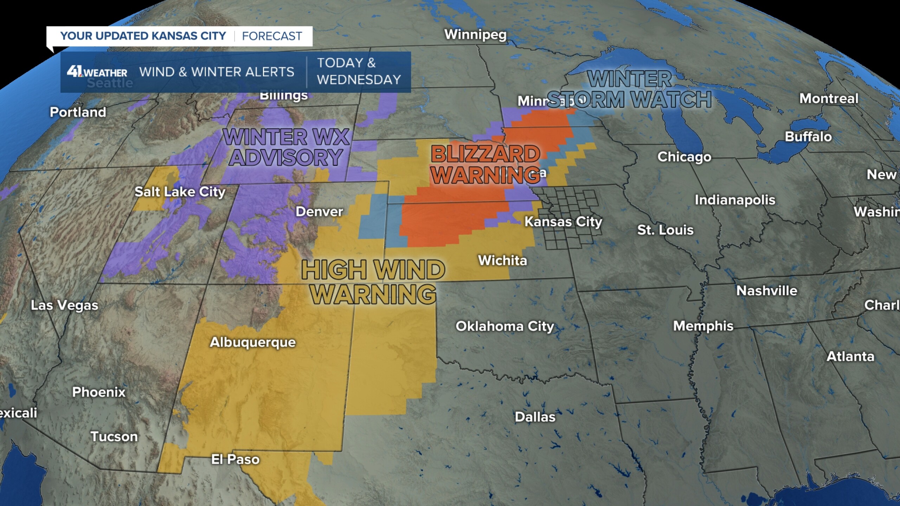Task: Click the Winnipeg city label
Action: (475, 35)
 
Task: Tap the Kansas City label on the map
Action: (563, 222)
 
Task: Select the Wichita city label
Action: (502, 260)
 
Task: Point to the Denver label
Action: (319, 212)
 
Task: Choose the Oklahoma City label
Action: (505, 326)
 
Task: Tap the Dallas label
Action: (535, 417)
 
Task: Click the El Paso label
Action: (235, 459)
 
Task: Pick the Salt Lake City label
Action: (180, 192)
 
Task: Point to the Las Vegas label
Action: (65, 305)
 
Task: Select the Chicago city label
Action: (684, 157)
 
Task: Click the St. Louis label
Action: (665, 230)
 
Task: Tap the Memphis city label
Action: (703, 326)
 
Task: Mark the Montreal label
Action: (829, 99)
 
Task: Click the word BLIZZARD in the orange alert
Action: (486, 154)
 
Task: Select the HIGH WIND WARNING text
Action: (373, 282)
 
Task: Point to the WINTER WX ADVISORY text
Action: (287, 147)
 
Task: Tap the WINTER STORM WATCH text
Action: (629, 89)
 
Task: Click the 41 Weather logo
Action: (97, 72)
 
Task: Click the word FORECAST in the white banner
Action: (272, 36)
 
